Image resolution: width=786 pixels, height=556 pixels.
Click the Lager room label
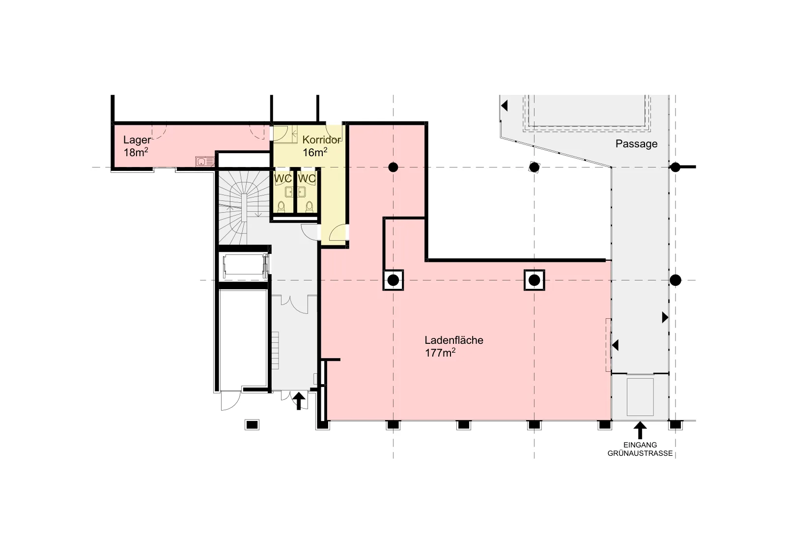(137, 140)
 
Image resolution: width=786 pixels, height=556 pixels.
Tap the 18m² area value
(136, 152)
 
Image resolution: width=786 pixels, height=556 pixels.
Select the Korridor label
(321, 140)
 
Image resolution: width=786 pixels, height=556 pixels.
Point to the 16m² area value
(315, 152)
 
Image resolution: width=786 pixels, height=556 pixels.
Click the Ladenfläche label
(454, 340)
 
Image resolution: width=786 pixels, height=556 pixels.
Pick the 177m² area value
(440, 353)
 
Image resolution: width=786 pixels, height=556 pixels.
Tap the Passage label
(637, 144)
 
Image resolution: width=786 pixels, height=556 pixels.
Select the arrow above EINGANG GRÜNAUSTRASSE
(641, 430)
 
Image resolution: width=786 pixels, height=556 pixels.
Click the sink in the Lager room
(205, 162)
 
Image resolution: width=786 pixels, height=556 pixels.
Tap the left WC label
(282, 179)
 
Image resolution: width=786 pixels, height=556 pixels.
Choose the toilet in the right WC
(309, 207)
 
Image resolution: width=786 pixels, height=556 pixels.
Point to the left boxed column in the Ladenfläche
(393, 280)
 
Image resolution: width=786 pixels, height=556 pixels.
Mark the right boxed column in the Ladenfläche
(534, 280)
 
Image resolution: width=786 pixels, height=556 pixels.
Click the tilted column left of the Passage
(534, 167)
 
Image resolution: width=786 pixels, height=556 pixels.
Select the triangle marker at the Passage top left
(505, 106)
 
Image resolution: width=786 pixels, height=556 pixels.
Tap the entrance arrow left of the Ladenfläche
(299, 401)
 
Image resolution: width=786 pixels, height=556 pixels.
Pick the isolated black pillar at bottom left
(252, 425)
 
